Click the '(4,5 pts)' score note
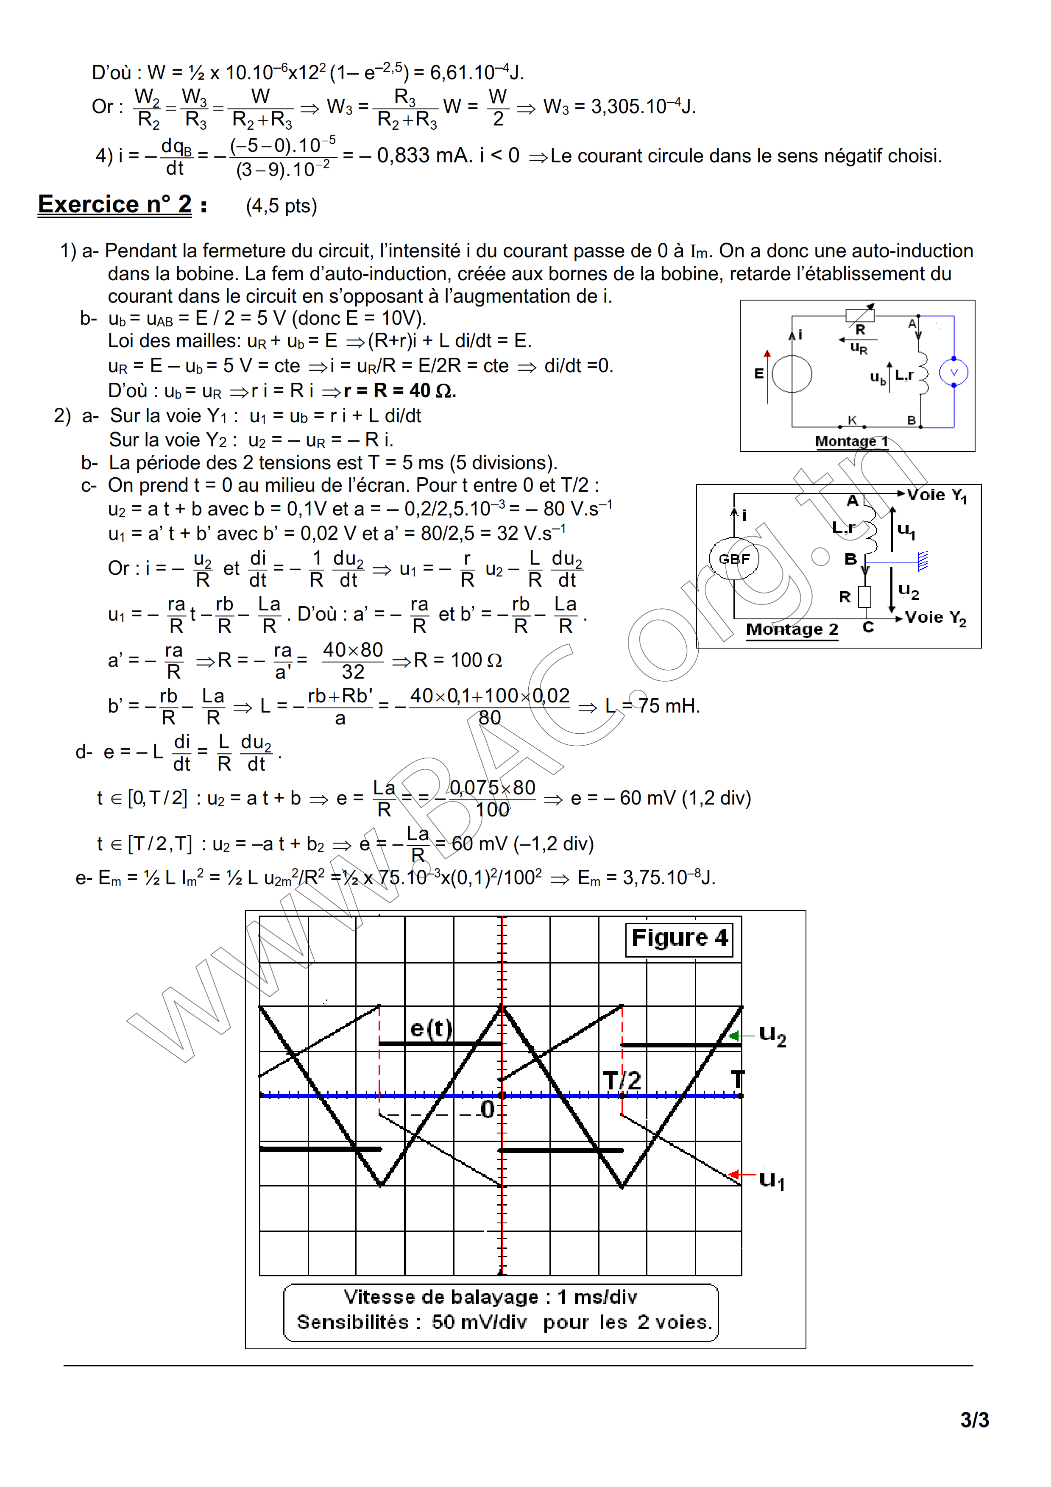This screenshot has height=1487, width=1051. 281,206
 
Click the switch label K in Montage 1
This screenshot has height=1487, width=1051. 852,420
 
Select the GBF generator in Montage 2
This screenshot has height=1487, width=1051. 734,558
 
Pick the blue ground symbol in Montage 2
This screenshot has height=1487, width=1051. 923,560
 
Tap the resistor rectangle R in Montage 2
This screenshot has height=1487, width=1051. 864,596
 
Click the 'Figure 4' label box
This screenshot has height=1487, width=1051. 679,938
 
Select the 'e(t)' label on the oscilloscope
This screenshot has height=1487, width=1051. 431,1028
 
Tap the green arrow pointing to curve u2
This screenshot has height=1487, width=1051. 734,1036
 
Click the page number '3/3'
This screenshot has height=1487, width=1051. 974,1420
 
